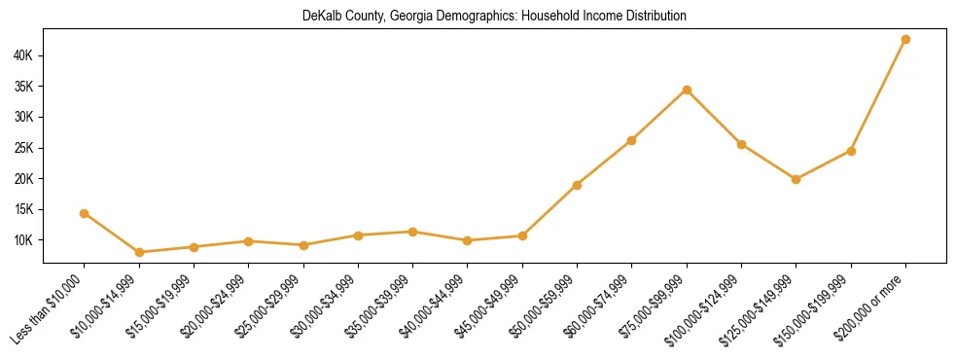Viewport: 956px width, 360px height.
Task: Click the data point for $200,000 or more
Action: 905,40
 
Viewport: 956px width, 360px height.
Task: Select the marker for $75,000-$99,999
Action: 687,90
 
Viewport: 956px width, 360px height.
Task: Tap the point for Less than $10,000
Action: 85,213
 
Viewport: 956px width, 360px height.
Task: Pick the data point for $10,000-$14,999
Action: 139,252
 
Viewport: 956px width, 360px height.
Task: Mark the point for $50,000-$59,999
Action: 577,185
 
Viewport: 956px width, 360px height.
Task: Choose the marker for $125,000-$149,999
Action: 797,179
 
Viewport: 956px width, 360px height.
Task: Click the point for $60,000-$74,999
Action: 632,140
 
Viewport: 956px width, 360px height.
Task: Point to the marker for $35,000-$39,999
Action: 413,232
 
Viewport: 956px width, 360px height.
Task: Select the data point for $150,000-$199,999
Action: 851,151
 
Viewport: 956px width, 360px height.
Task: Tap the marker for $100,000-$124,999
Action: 741,144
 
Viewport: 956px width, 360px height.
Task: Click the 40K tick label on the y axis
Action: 22,55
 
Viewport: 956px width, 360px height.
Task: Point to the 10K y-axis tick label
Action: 22,240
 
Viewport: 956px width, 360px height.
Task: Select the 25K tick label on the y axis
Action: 22,148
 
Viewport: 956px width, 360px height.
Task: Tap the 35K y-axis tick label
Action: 22,87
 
